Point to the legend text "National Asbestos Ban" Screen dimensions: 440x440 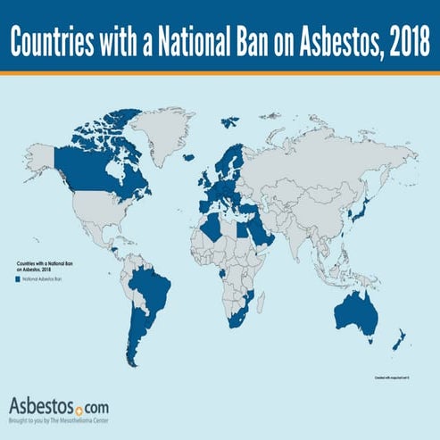coord(45,279)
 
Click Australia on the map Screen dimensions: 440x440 coord(354,309)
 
